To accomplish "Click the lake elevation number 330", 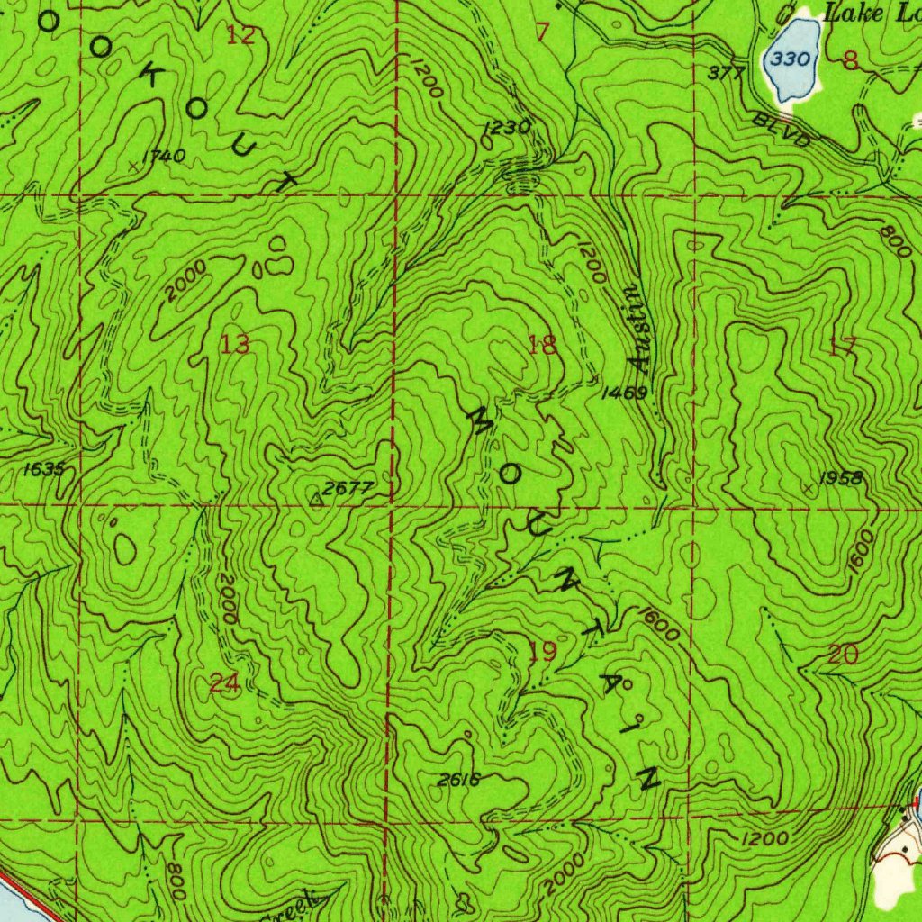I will [x=791, y=60].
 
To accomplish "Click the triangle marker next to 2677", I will [x=315, y=497].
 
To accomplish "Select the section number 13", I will [x=235, y=343].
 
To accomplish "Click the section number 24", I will [x=223, y=683].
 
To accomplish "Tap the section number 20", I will [x=842, y=655].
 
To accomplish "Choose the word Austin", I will [x=637, y=328].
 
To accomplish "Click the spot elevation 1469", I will [x=625, y=393].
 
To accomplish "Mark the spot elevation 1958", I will [x=841, y=478].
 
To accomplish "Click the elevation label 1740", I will [x=164, y=157].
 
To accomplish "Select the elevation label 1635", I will [x=44, y=468].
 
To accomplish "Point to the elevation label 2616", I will [x=458, y=780].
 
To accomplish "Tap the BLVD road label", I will [x=782, y=129].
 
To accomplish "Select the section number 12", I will [x=240, y=35].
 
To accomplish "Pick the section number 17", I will [x=842, y=347].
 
